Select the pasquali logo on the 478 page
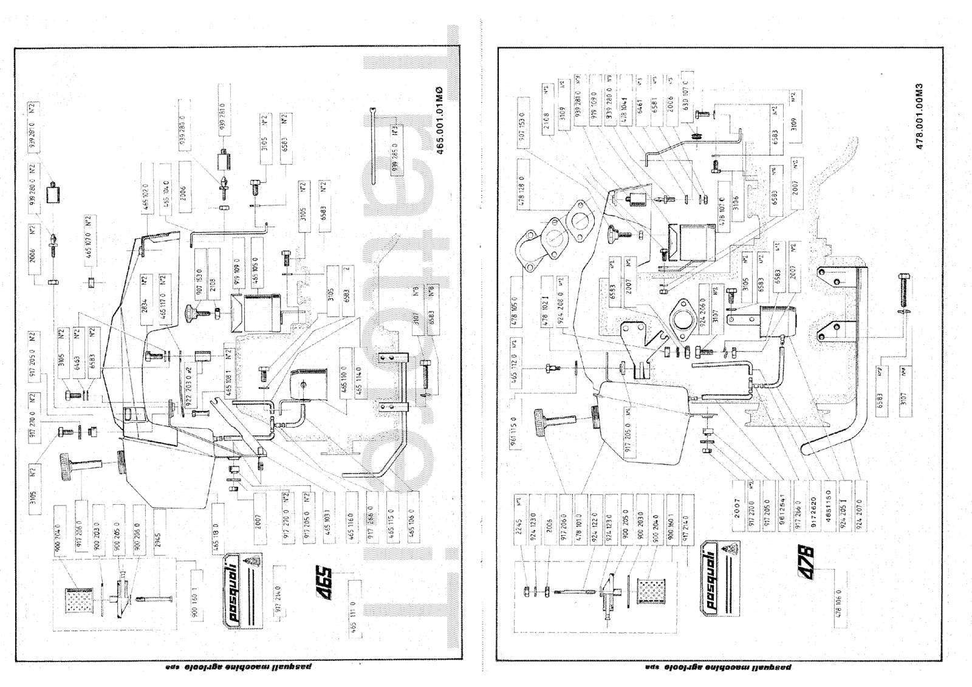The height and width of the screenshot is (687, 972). coord(719,576)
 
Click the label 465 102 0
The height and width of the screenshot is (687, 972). coord(145,197)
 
